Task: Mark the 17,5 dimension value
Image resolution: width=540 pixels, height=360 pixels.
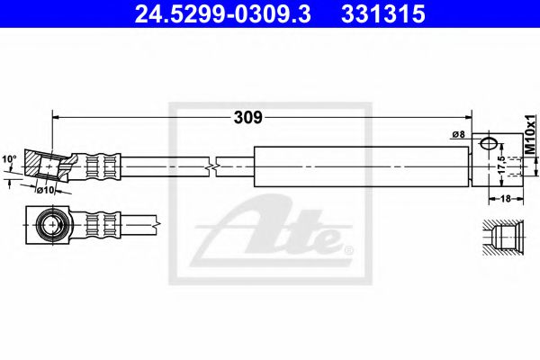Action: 501,166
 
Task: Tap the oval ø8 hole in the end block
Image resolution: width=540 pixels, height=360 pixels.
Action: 490,143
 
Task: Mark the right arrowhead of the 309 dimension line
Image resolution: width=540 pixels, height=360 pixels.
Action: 468,116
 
